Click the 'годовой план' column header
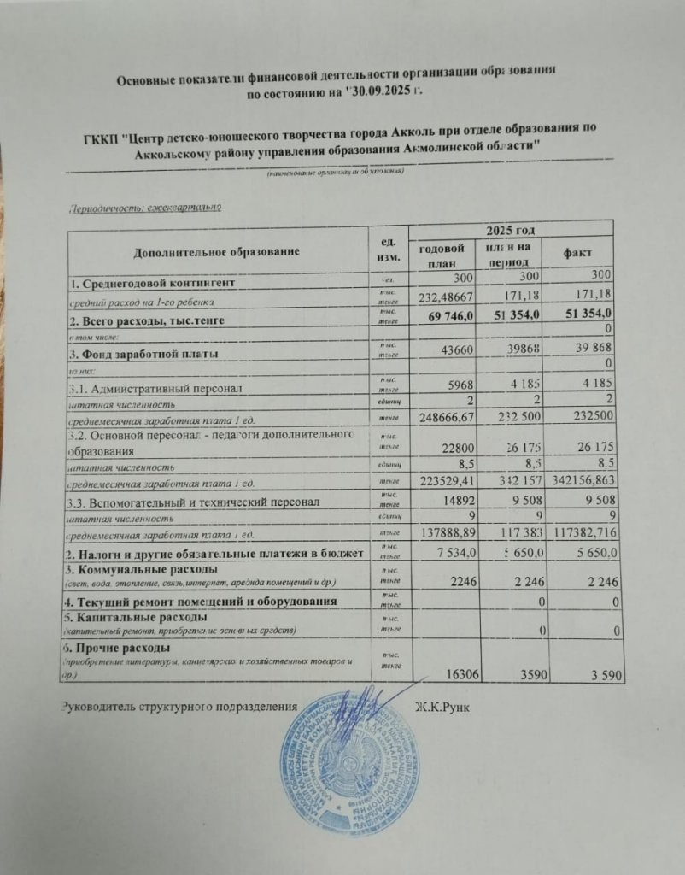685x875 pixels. pos(441,255)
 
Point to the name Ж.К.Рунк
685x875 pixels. pos(444,707)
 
